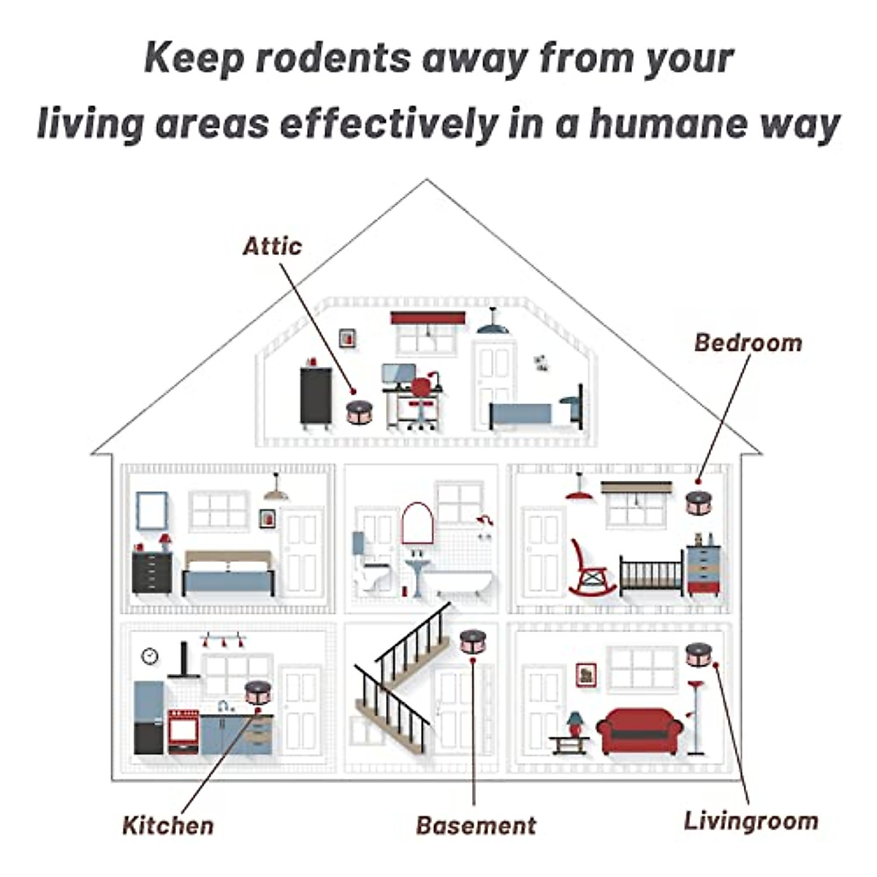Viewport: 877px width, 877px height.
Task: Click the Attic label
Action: click(x=272, y=246)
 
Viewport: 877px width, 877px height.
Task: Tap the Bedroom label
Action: click(x=748, y=342)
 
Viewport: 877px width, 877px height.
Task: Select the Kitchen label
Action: click(x=168, y=825)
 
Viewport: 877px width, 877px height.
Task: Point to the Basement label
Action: click(x=476, y=825)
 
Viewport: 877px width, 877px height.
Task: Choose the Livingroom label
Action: click(x=751, y=821)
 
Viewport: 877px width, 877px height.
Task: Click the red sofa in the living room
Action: click(x=639, y=729)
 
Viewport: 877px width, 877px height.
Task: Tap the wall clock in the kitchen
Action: click(x=150, y=656)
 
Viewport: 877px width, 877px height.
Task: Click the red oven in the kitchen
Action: click(x=183, y=730)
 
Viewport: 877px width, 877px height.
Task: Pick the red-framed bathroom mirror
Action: click(x=418, y=522)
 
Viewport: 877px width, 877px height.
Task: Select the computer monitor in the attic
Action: click(x=398, y=376)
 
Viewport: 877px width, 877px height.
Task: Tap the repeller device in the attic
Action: click(x=359, y=411)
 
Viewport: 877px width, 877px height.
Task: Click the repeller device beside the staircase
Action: click(x=473, y=641)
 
